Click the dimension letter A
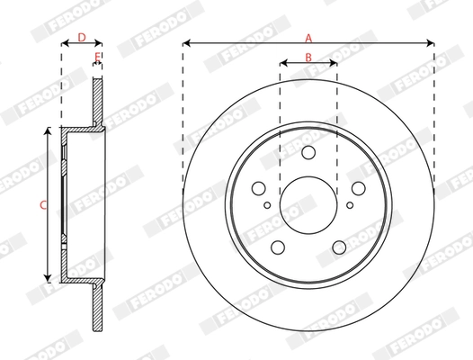[x=308, y=38]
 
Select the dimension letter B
[x=308, y=57]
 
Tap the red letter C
[x=43, y=205]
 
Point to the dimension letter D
[x=81, y=38]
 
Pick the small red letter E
[x=98, y=58]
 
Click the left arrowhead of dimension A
[x=186, y=43]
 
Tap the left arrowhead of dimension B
[x=283, y=63]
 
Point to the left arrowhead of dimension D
[x=64, y=43]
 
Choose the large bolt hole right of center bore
[x=357, y=188]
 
